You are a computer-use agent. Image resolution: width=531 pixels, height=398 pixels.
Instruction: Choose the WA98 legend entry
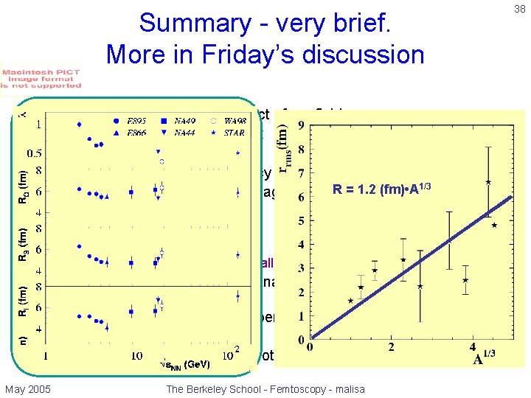click(235, 120)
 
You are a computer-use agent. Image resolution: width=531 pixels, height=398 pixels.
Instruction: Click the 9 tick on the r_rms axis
click(301, 125)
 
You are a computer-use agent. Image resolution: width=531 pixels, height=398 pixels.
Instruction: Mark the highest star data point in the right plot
click(488, 181)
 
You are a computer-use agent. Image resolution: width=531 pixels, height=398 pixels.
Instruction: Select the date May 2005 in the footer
click(28, 388)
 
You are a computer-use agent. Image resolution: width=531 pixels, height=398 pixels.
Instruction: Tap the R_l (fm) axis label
click(22, 301)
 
